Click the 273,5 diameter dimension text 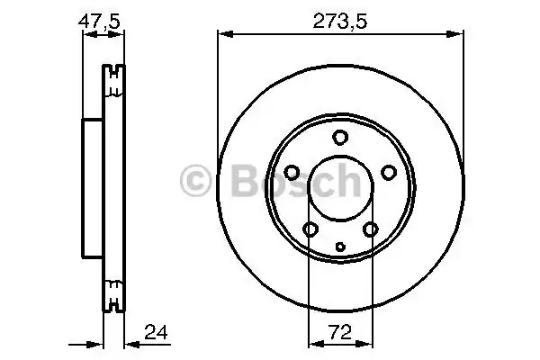pyautogui.click(x=339, y=19)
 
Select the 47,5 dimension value pyautogui.click(x=101, y=19)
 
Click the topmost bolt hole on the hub pyautogui.click(x=339, y=138)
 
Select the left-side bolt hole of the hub pyautogui.click(x=292, y=173)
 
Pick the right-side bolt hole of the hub pyautogui.click(x=388, y=173)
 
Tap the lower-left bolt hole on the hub pyautogui.click(x=310, y=229)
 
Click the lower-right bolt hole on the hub pyautogui.click(x=370, y=229)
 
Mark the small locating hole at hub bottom pyautogui.click(x=339, y=247)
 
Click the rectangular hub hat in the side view pyautogui.click(x=93, y=188)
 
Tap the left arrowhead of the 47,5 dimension pyautogui.click(x=87, y=35)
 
